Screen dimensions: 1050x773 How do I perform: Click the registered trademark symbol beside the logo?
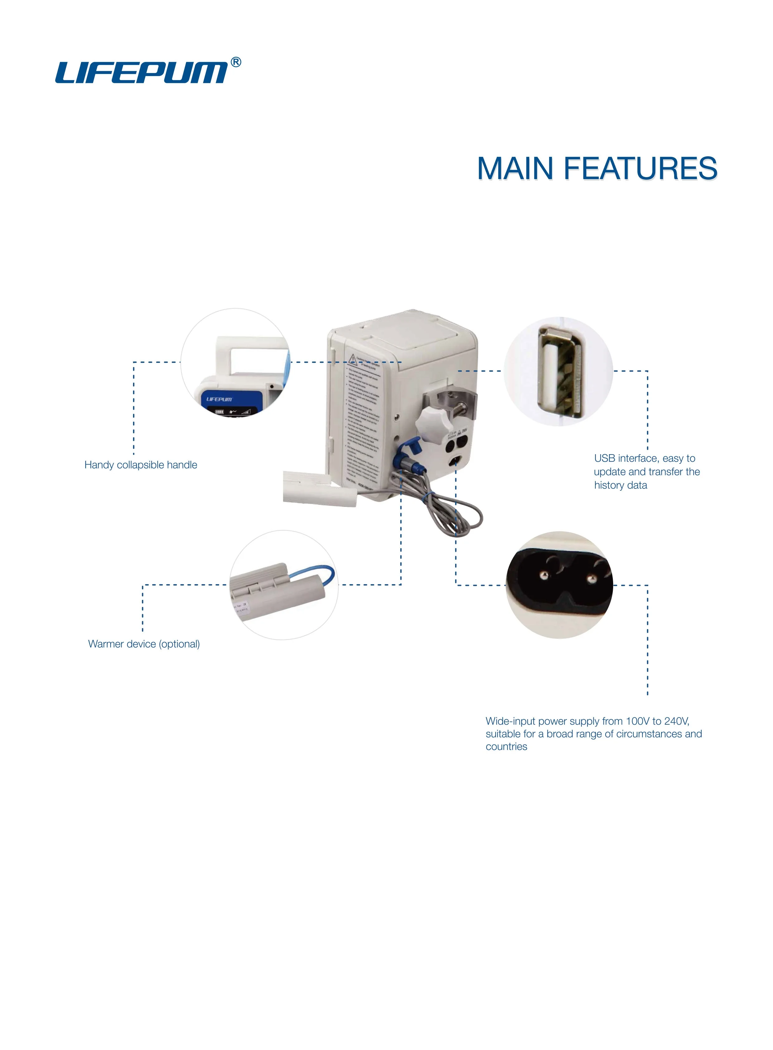[x=236, y=62]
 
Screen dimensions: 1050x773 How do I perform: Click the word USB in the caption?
[x=605, y=459]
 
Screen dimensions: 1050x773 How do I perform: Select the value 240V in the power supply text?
[x=676, y=721]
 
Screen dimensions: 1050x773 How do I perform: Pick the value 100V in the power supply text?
[x=638, y=721]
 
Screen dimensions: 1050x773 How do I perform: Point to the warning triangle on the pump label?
[x=352, y=360]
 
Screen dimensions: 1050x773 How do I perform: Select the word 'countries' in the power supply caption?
[x=506, y=746]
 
